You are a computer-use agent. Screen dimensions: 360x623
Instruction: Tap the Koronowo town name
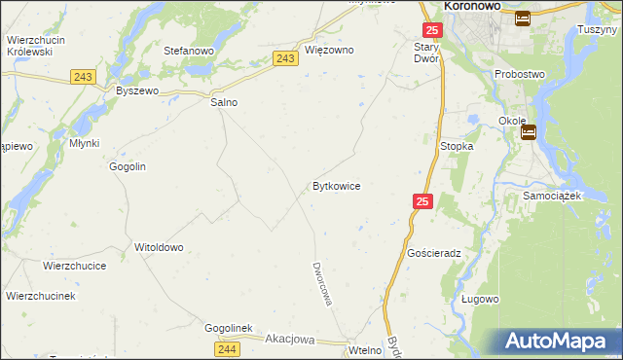click(472, 6)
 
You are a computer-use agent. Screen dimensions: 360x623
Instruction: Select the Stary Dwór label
click(427, 53)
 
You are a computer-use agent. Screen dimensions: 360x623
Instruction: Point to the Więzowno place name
click(329, 50)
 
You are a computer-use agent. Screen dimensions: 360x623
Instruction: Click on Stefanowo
click(188, 50)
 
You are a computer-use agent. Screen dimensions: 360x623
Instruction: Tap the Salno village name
click(224, 101)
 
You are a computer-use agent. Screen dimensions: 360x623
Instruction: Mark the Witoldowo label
click(159, 247)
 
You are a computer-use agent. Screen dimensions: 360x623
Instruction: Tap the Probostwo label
click(520, 74)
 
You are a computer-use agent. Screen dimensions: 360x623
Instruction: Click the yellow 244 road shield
click(228, 348)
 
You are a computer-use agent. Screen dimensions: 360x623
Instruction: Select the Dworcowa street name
click(322, 283)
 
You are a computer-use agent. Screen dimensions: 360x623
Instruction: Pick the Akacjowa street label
click(290, 340)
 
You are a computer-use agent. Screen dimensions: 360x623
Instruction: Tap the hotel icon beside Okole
click(529, 133)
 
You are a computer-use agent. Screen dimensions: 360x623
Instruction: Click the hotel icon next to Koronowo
click(523, 18)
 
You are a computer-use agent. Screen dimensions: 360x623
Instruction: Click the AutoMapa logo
click(555, 341)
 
